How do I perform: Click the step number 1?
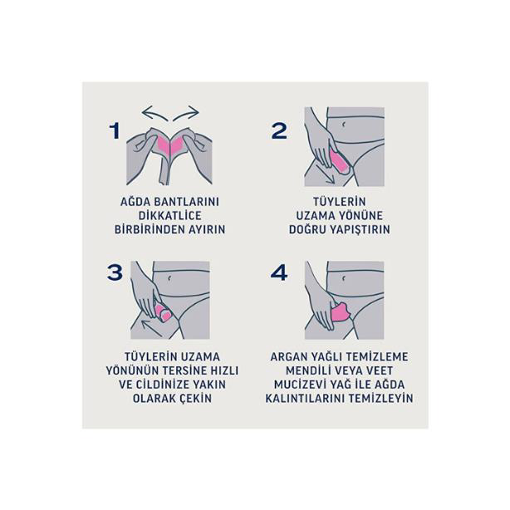point(115,130)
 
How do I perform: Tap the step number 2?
point(278,130)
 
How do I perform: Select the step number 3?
point(115,272)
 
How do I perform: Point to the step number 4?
point(278,272)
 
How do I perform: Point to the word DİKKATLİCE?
point(169,215)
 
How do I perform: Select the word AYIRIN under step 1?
point(206,229)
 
